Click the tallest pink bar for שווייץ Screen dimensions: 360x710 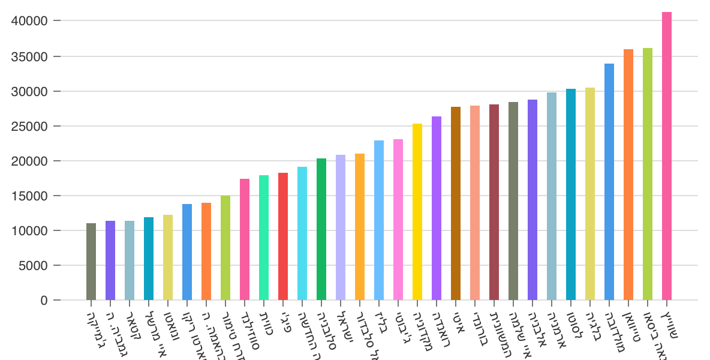pyautogui.click(x=667, y=156)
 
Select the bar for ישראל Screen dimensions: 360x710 pyautogui.click(x=341, y=227)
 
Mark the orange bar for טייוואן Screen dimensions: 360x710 pyautogui.click(x=628, y=175)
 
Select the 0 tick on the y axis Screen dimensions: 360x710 pyautogui.click(x=45, y=300)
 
